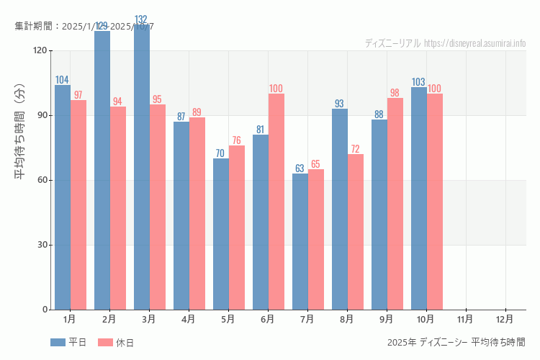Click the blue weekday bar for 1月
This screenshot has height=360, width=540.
pos(63,198)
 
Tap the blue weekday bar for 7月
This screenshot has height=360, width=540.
pos(300,241)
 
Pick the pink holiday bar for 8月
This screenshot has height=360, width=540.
pos(356,232)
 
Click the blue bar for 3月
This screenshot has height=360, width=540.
pos(142,169)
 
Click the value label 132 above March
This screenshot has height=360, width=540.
pos(142,19)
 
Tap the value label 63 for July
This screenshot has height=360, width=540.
pos(300,168)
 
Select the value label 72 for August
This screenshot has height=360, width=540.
pos(356,149)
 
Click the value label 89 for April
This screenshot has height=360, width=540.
pos(197,112)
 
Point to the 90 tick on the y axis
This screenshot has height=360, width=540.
pos(42,115)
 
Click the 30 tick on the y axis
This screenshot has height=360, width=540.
pos(42,245)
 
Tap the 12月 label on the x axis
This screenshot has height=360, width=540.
pos(505,318)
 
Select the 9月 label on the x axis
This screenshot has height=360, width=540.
pos(386,318)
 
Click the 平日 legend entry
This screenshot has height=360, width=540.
pos(68,343)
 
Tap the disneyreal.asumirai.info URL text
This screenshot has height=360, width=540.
pos(475,43)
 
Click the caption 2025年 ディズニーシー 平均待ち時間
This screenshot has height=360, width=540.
pos(456,343)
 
